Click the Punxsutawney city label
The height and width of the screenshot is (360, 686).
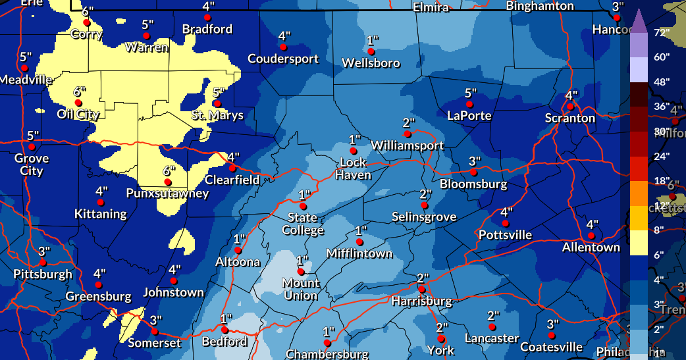[x=168, y=193]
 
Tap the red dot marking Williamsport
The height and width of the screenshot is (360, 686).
[x=408, y=134]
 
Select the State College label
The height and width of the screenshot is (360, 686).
[x=303, y=224]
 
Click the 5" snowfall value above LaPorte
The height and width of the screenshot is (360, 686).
[x=469, y=93]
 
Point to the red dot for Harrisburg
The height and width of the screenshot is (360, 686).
[x=421, y=289]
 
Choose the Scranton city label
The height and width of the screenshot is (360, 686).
[x=570, y=118]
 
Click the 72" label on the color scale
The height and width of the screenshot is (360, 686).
[x=662, y=32]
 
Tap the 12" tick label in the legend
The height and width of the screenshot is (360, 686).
[x=662, y=205]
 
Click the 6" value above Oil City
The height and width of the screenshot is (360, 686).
[x=78, y=91]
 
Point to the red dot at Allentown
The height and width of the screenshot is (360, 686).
[x=591, y=236]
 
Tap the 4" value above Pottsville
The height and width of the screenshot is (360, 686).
[x=506, y=212]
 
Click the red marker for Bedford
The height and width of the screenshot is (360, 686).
[x=224, y=330]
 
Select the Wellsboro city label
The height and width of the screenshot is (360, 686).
[x=371, y=63]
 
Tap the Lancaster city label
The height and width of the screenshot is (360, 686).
[x=491, y=338]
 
